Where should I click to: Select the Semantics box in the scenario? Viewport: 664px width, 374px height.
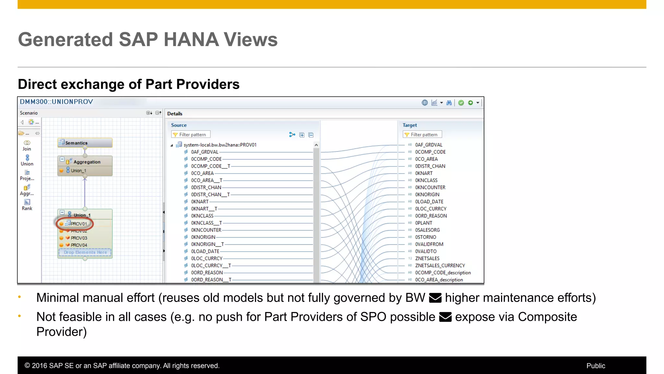point(85,143)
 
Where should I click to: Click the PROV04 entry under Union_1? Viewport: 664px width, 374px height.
point(79,245)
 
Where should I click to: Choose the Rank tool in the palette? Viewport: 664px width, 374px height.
point(27,205)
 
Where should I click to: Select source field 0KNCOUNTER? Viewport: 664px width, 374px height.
point(206,230)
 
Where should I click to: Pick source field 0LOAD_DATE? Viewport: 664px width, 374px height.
point(205,251)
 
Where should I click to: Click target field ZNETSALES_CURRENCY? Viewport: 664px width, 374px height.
point(440,266)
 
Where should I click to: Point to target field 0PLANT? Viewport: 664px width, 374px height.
point(423,223)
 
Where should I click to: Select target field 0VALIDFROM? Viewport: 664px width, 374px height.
point(429,244)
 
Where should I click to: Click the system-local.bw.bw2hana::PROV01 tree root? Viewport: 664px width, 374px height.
point(219,145)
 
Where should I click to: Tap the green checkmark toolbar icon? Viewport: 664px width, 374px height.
point(461,103)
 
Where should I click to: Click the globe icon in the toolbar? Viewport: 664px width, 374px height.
point(424,103)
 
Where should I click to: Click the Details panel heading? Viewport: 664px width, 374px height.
point(175,114)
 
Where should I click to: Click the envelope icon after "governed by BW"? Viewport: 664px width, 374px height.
point(435,298)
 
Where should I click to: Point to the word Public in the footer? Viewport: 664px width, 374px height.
point(596,366)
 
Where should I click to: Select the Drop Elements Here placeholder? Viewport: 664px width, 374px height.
point(85,252)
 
